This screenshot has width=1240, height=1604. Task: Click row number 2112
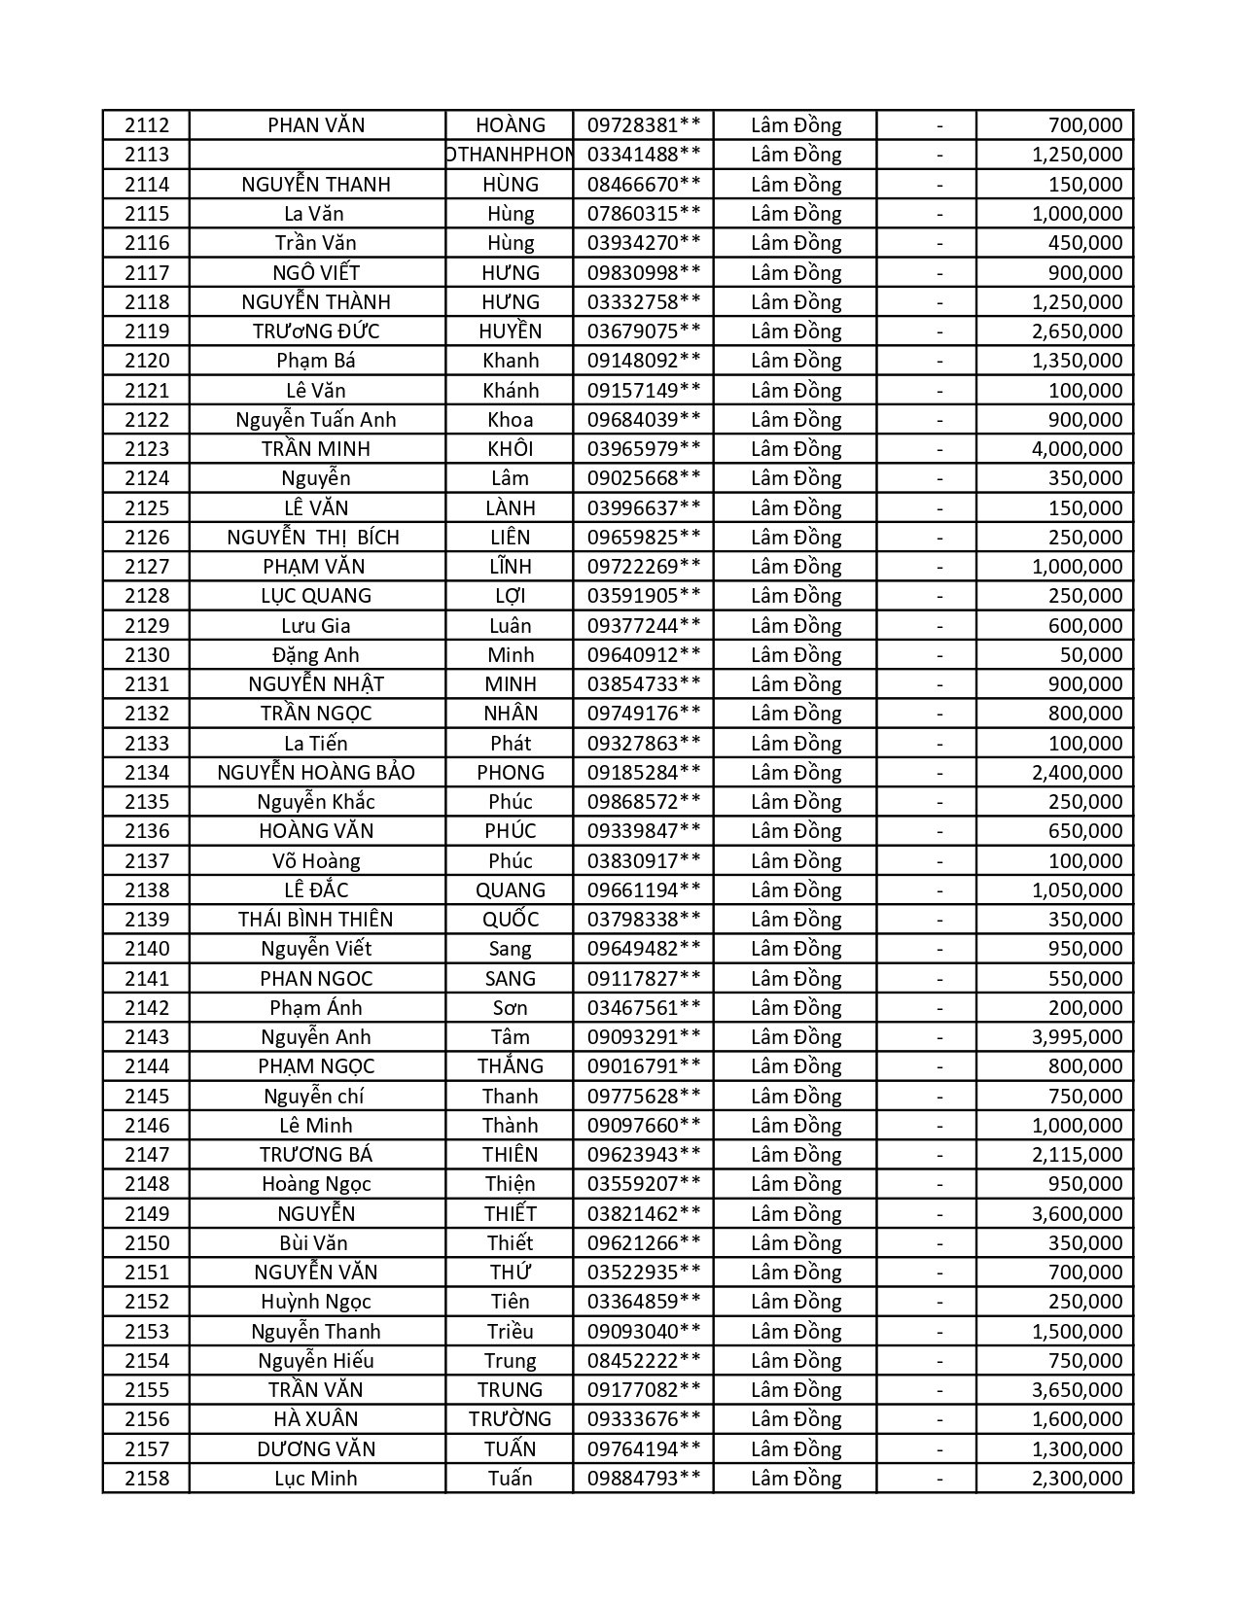click(147, 125)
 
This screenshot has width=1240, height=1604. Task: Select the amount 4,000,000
click(1077, 449)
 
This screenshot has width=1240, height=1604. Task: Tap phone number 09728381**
click(644, 125)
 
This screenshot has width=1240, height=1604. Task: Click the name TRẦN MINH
click(316, 449)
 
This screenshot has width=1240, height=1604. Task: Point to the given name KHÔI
click(511, 449)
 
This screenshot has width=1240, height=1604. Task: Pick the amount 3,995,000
click(1077, 1037)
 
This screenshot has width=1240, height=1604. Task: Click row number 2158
click(147, 1479)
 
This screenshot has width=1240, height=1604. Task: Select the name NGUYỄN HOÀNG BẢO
click(316, 773)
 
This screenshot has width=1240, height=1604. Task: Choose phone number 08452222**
click(644, 1361)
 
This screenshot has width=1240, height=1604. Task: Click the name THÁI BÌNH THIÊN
click(316, 920)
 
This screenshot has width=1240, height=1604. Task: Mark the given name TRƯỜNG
click(511, 1419)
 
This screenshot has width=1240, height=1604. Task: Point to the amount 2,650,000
click(1077, 331)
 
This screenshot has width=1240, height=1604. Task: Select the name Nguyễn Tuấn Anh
click(316, 420)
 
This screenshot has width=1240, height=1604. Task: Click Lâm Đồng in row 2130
click(796, 655)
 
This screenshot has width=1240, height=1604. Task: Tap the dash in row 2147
click(939, 1155)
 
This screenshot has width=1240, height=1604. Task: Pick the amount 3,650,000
click(1077, 1390)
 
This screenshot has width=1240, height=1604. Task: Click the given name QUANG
click(511, 890)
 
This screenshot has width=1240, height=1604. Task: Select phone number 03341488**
click(644, 155)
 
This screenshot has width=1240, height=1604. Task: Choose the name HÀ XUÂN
click(316, 1419)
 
